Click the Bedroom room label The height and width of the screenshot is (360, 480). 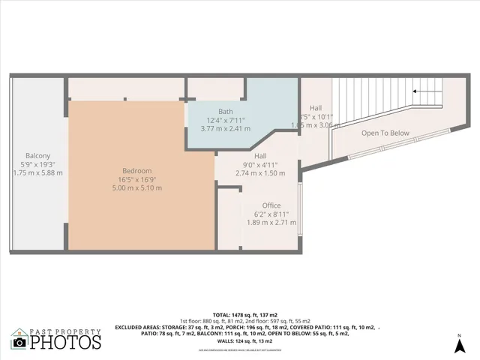tap(136, 170)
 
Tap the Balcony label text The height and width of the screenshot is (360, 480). tap(37, 155)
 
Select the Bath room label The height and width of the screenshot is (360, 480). tap(225, 111)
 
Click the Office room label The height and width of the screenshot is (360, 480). tap(271, 205)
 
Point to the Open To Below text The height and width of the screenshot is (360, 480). tap(385, 133)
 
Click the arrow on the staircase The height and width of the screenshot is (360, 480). tap(426, 91)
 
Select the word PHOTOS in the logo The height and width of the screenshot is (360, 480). tap(65, 342)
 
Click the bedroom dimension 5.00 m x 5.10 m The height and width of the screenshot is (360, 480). tap(136, 187)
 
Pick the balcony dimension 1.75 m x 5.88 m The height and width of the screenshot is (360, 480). tap(37, 172)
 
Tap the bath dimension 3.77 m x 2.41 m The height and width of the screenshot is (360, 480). tap(225, 128)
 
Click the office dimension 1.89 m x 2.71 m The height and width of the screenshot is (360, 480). tap(271, 222)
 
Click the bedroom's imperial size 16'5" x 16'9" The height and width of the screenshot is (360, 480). tap(136, 179)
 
